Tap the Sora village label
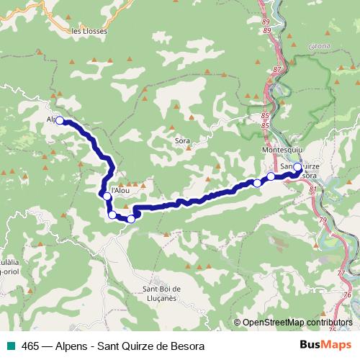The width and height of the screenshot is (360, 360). coord(183,141)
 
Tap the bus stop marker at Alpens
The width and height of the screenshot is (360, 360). coord(60,120)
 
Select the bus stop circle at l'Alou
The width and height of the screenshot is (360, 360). coord(107,196)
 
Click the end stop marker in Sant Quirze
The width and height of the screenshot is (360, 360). coord(297,167)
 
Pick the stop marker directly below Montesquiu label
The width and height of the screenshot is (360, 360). coord(271,176)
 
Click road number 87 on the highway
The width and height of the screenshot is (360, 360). coord(277,69)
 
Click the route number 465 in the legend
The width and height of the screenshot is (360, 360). coord(31,346)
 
